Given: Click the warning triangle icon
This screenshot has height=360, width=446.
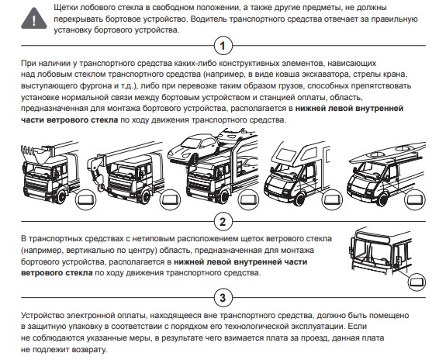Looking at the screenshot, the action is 34,19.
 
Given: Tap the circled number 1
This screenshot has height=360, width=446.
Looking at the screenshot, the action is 223,46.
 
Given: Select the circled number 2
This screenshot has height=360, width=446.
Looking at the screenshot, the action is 223,221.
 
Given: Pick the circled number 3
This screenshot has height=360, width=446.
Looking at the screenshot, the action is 223,298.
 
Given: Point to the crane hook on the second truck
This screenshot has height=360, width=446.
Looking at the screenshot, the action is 99,184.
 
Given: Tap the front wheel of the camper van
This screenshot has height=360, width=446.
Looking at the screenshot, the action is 299,199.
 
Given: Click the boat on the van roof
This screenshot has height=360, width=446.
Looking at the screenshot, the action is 387,153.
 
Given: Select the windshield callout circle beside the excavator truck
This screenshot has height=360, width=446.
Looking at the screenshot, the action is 85,199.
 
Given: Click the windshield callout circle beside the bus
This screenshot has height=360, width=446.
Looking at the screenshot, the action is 417,282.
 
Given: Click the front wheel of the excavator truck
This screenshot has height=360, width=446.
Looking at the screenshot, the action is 60,196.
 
